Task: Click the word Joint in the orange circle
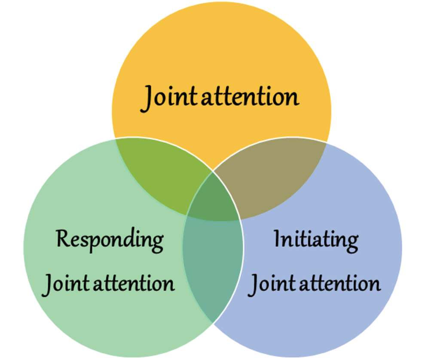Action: (x=171, y=97)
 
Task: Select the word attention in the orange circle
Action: (x=250, y=97)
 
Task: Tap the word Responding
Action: (x=110, y=239)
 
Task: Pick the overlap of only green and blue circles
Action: (x=214, y=262)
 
